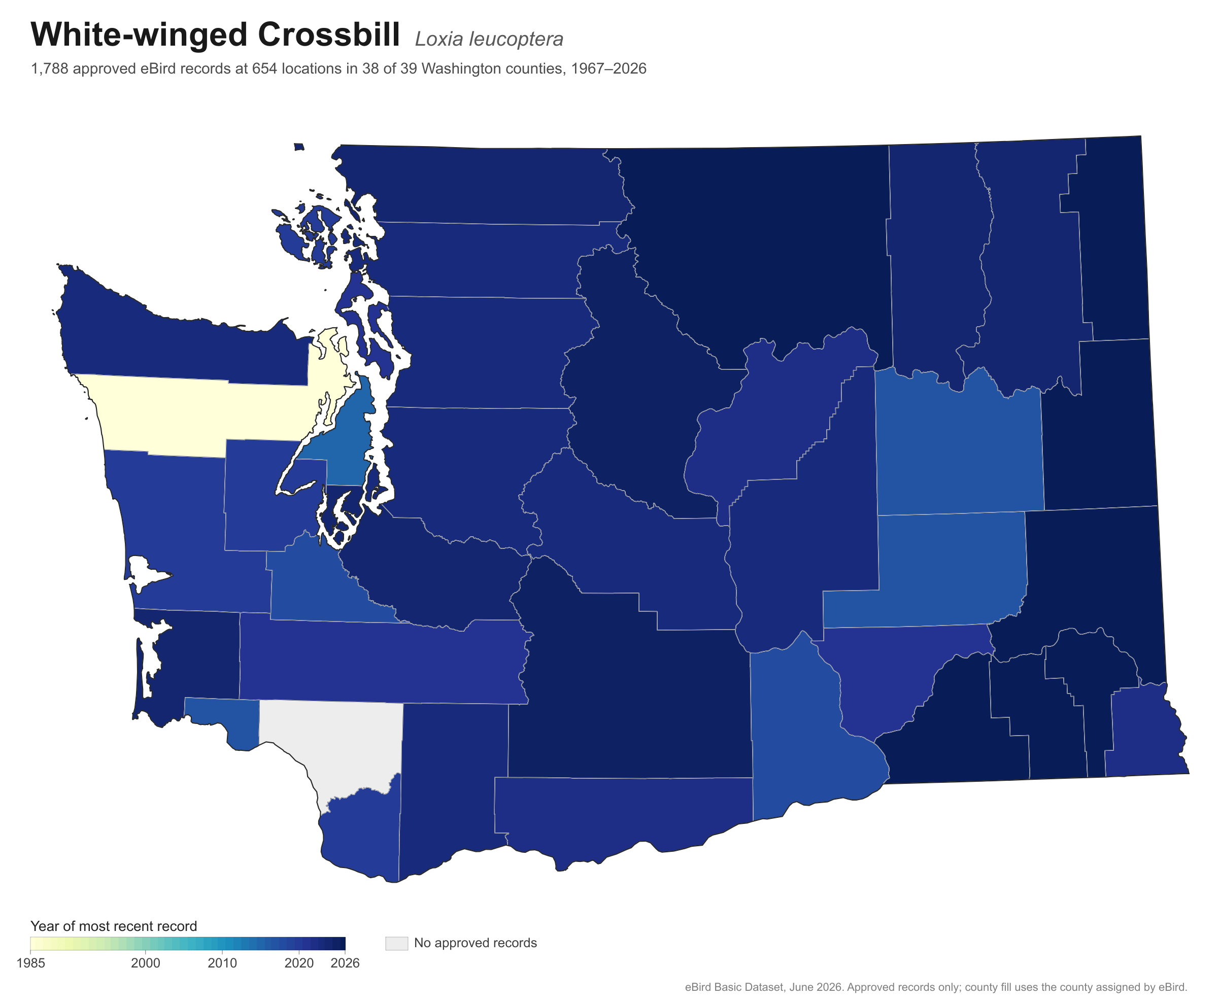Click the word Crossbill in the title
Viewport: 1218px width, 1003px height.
pos(329,34)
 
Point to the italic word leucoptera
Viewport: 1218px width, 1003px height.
pos(516,39)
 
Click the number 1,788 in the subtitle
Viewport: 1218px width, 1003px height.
pos(49,69)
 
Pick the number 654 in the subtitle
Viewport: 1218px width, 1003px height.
pos(263,69)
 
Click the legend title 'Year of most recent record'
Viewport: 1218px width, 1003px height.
pos(114,926)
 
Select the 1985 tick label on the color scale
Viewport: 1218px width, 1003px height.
pos(30,963)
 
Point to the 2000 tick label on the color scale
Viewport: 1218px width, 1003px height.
pos(146,963)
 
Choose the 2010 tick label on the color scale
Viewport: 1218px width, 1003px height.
pos(222,963)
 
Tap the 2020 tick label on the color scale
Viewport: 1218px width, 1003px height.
pos(299,963)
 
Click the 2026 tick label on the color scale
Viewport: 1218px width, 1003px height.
pos(345,963)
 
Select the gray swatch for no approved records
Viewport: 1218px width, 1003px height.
pos(396,943)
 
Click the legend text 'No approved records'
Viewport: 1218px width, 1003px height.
pos(476,943)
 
